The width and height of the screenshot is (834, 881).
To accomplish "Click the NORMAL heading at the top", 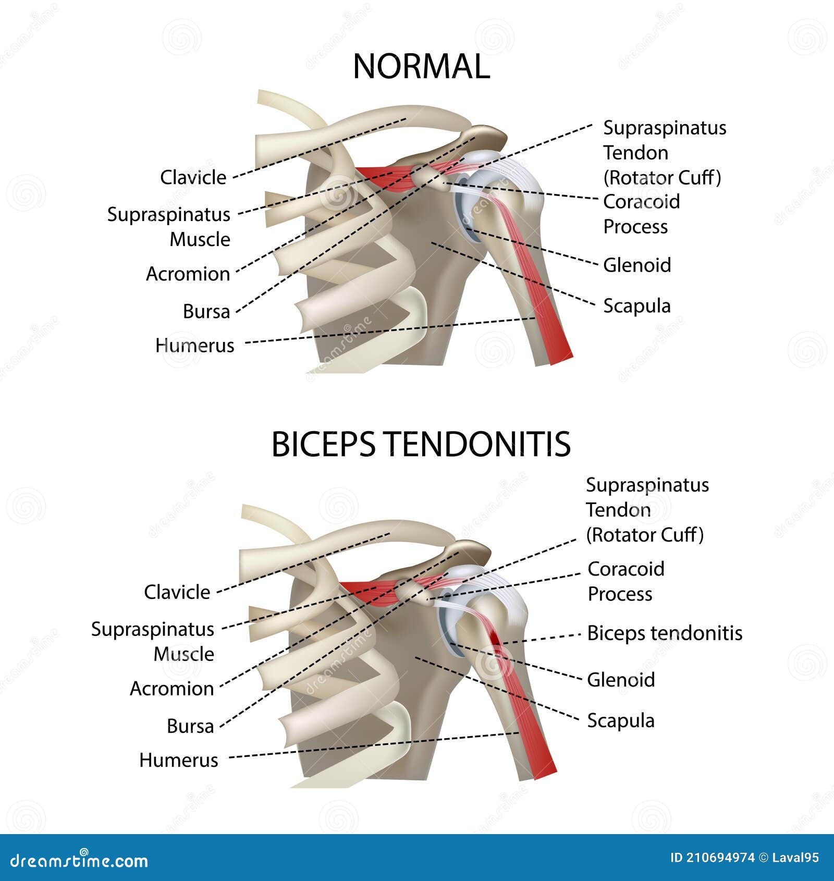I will click(x=421, y=67).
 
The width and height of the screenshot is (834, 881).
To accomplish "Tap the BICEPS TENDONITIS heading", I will click(x=421, y=445).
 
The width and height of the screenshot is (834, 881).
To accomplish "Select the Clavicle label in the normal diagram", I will click(x=193, y=178).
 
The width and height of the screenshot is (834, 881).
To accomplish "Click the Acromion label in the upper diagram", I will click(x=188, y=274).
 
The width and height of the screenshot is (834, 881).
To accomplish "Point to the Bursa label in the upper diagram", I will click(x=206, y=312).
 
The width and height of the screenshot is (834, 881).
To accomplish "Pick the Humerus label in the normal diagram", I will click(x=194, y=346).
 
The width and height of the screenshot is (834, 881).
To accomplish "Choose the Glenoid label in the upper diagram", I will click(x=636, y=265).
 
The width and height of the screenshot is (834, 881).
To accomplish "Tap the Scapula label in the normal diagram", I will click(x=636, y=306).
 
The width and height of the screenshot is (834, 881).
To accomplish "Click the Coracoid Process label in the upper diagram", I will click(x=641, y=214).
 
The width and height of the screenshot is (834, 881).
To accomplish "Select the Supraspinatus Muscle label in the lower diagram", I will click(x=153, y=642).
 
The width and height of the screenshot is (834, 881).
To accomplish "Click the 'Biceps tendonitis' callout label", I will click(x=665, y=633).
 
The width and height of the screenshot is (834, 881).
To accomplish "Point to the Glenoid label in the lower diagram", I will click(x=620, y=680).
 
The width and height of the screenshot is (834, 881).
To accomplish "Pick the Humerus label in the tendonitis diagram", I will click(x=178, y=761).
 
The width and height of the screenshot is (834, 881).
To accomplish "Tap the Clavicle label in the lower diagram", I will click(x=177, y=592).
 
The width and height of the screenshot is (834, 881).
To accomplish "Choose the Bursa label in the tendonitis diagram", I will click(x=190, y=726).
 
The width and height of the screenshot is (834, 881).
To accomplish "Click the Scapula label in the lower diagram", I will click(x=620, y=721).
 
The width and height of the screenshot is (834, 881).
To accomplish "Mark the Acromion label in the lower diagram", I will click(x=171, y=689).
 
